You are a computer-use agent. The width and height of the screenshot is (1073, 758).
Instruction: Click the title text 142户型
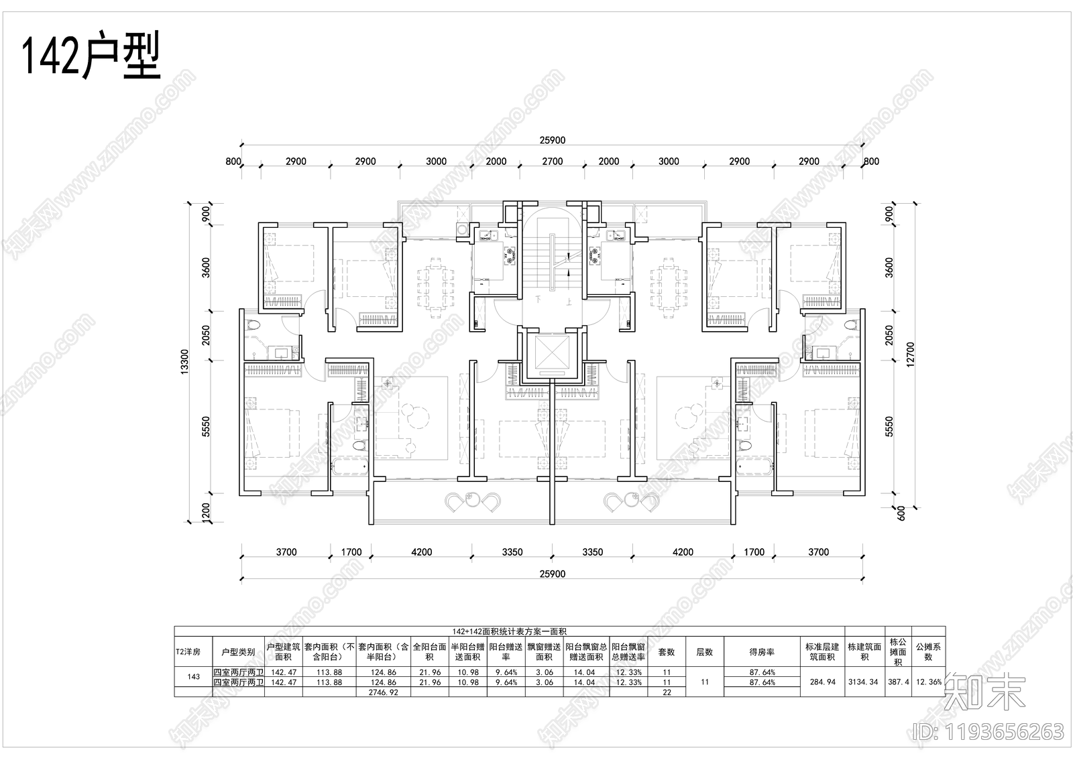[x=92, y=58]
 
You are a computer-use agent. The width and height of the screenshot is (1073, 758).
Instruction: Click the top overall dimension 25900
[x=552, y=140]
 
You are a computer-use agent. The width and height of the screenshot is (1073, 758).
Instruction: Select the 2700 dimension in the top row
[x=552, y=162]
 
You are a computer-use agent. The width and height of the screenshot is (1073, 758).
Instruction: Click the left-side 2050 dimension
[x=206, y=335]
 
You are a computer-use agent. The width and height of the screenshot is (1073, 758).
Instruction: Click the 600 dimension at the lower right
[x=901, y=513]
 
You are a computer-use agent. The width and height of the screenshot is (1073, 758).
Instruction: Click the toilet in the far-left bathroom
[x=252, y=325]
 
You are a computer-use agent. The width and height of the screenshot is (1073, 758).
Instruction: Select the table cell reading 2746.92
[x=383, y=692]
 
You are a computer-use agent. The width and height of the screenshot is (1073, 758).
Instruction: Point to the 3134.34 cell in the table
[x=864, y=682]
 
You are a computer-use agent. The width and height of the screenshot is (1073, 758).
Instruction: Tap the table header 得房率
[x=761, y=651]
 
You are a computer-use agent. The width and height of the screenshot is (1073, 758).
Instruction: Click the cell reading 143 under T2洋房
[x=193, y=676]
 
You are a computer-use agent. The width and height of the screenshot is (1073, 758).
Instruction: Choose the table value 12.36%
[x=928, y=682]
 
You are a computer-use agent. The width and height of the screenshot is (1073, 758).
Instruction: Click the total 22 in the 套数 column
[x=667, y=692]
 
